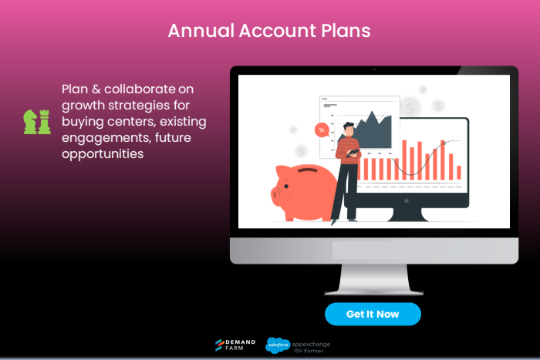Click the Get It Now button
click(x=373, y=314)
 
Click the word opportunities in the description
click(x=103, y=153)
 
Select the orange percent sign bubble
click(x=321, y=130)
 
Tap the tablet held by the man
click(x=353, y=153)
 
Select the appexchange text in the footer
click(x=312, y=341)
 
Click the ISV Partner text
click(x=310, y=348)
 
